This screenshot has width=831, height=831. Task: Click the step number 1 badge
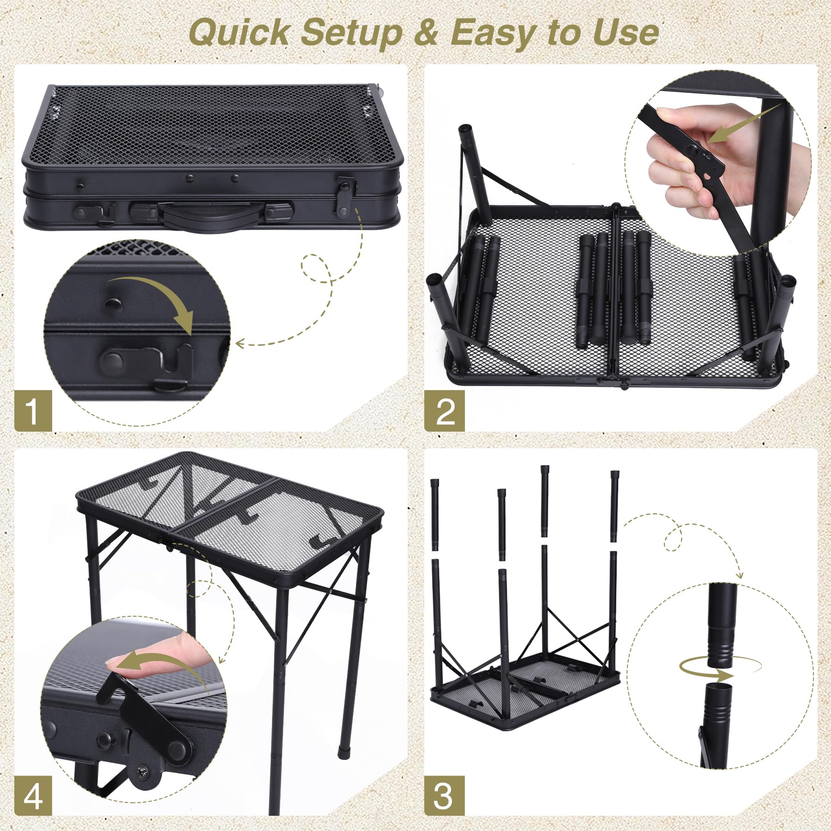(33, 410)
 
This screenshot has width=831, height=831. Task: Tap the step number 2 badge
(444, 410)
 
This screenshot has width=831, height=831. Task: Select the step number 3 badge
(444, 795)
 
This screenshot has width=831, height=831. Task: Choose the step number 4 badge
(33, 795)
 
